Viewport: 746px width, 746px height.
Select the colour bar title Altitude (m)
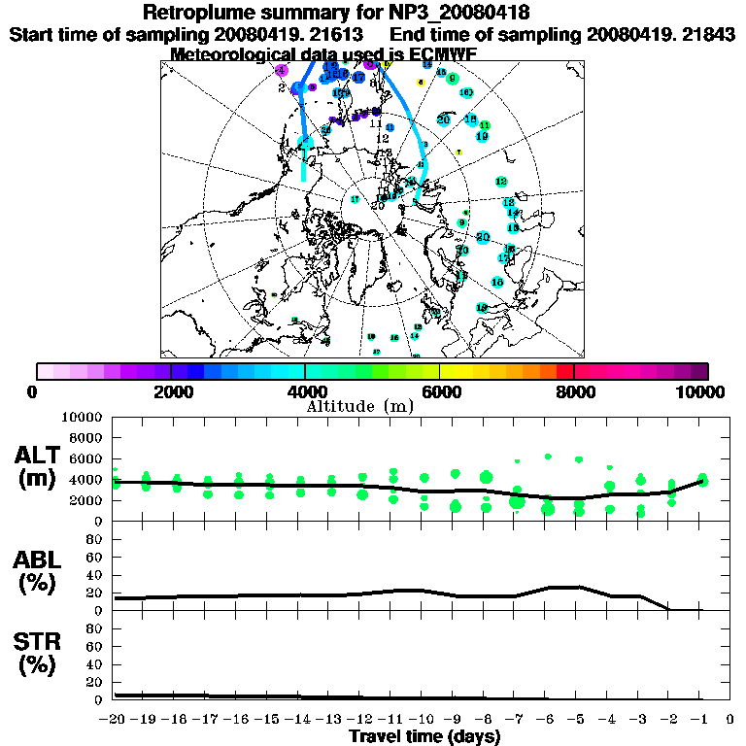tap(373, 405)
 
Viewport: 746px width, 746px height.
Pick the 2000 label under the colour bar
tap(170, 391)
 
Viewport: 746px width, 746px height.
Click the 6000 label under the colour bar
tap(439, 391)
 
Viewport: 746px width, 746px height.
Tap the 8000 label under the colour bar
tap(574, 391)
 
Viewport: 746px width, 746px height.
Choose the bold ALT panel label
tap(40, 456)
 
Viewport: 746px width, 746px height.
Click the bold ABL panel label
tap(40, 560)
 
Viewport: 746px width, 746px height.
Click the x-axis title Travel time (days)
tap(424, 736)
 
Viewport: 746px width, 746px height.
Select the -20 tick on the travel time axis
tap(114, 719)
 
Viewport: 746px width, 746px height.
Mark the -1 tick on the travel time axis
tap(700, 719)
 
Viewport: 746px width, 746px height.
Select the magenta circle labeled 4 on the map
tap(281, 71)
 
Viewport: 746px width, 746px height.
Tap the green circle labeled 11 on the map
tap(485, 126)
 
